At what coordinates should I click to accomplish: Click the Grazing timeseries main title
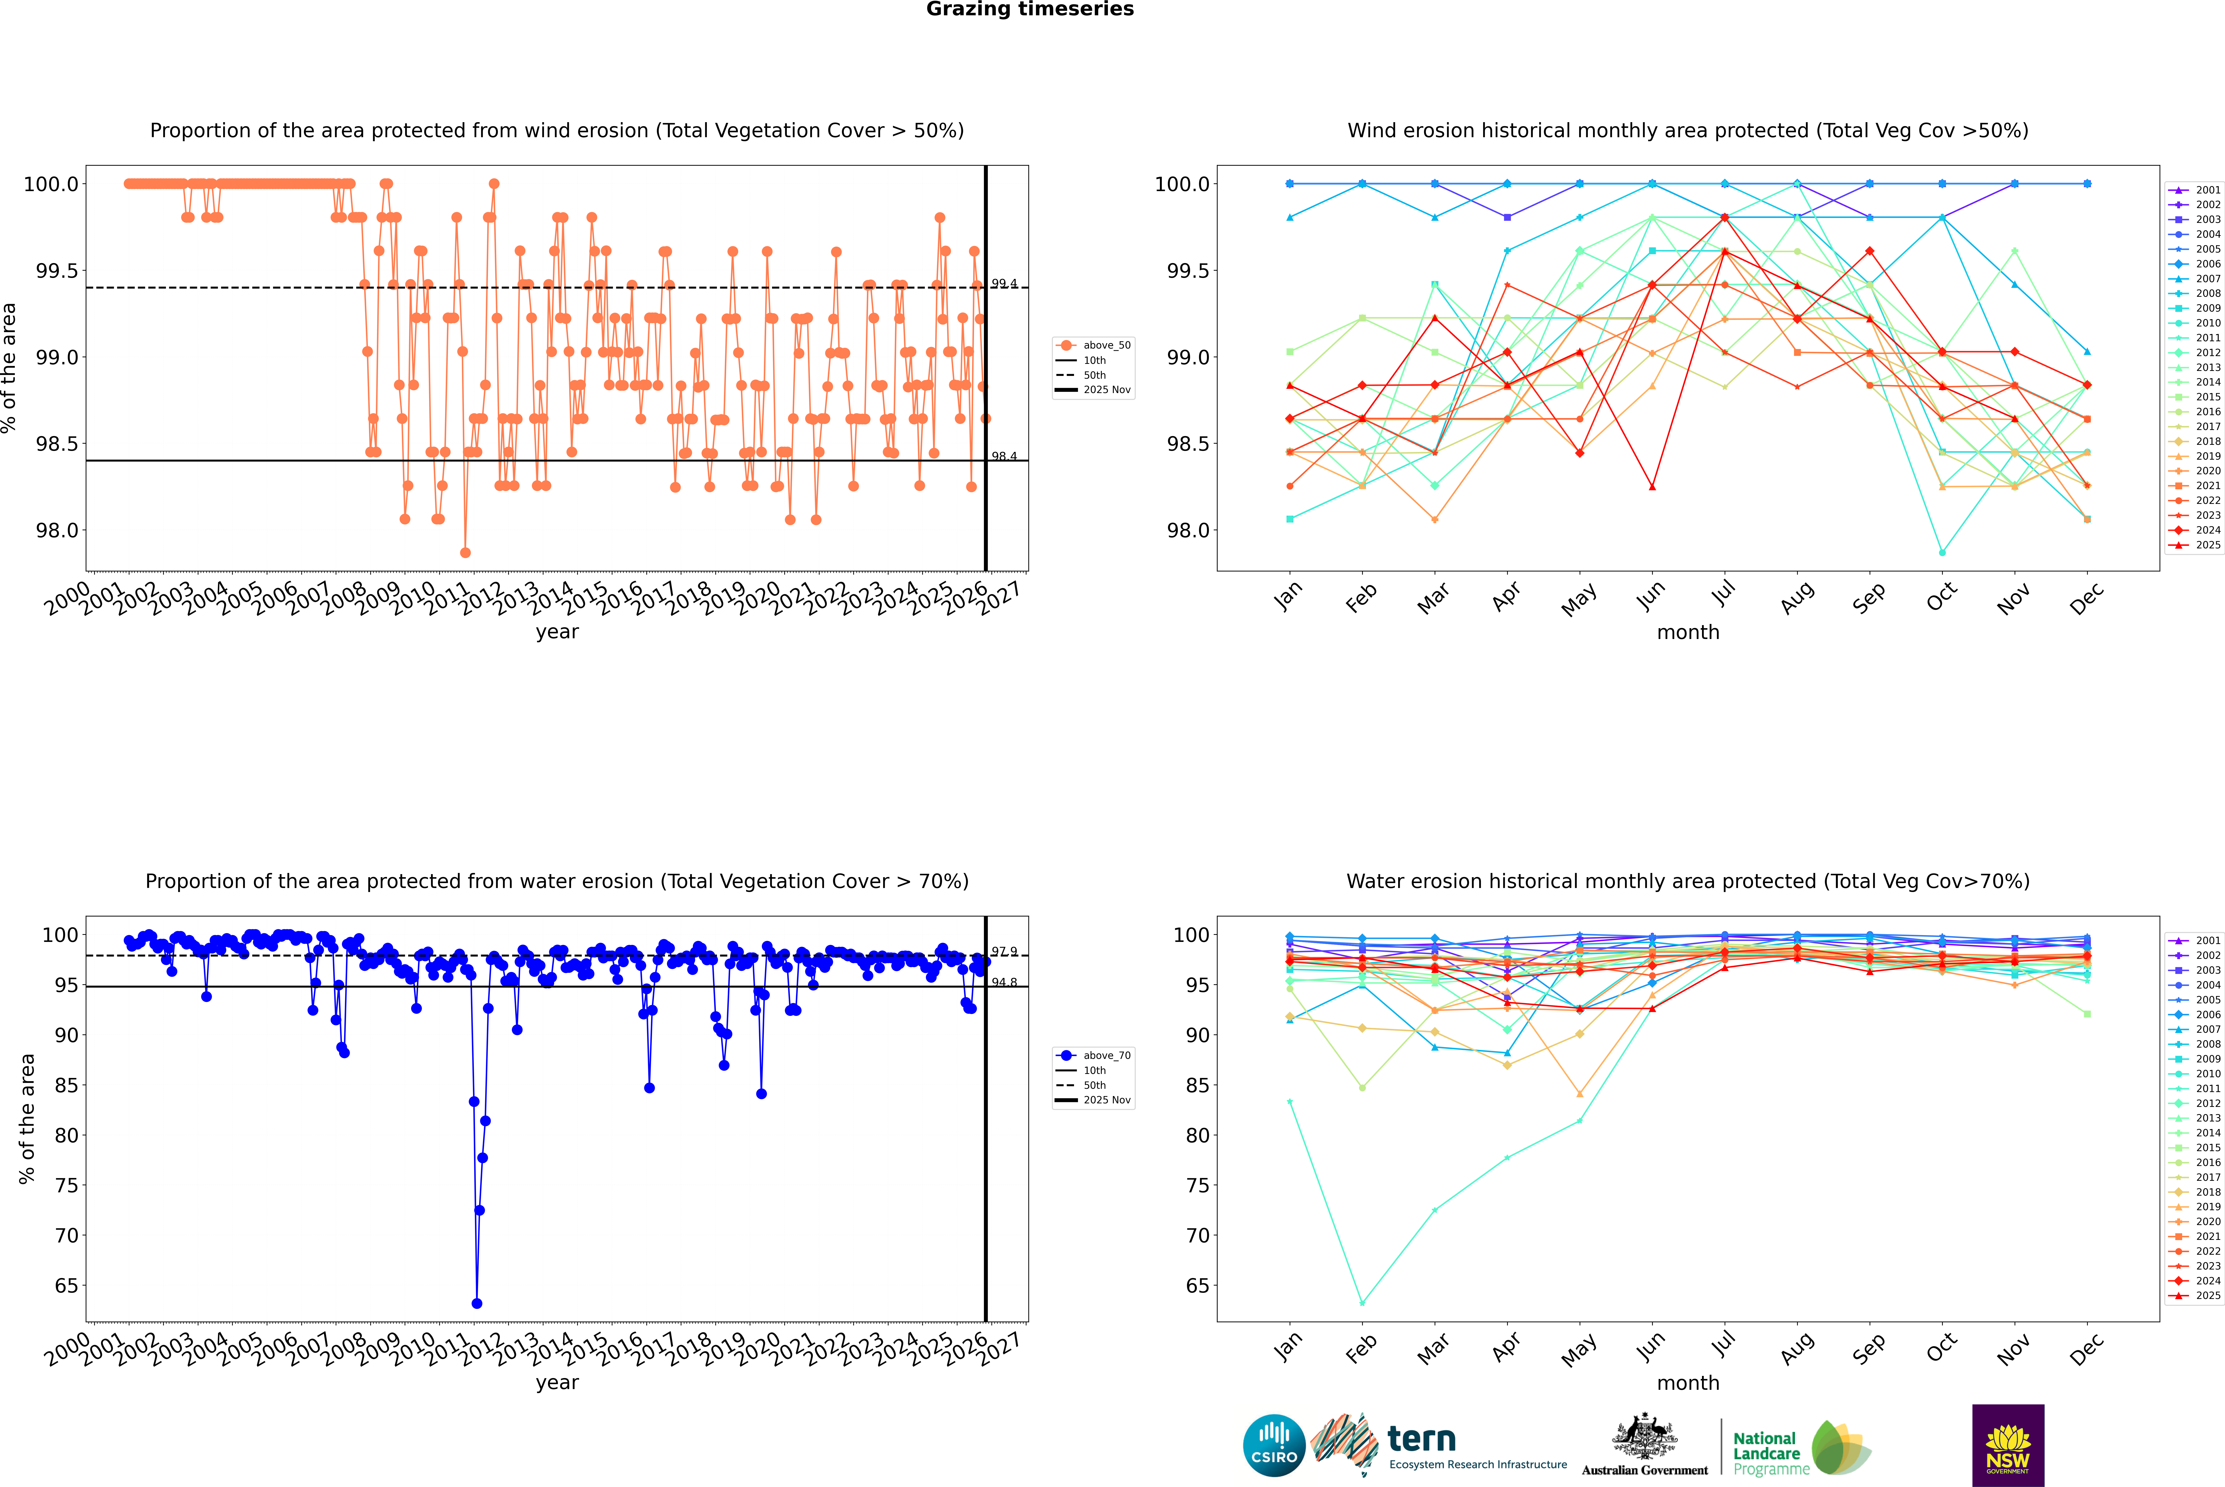1030,9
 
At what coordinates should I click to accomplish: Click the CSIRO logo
1274,1445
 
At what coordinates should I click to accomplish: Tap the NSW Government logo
2008,1445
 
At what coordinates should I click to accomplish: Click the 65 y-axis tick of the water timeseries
66,1286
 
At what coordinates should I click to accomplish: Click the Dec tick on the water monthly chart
2087,1349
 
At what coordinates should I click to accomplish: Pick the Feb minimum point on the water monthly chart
1362,1303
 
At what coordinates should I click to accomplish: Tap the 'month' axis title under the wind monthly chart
1687,633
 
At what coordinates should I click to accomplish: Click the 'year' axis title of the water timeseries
557,1383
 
